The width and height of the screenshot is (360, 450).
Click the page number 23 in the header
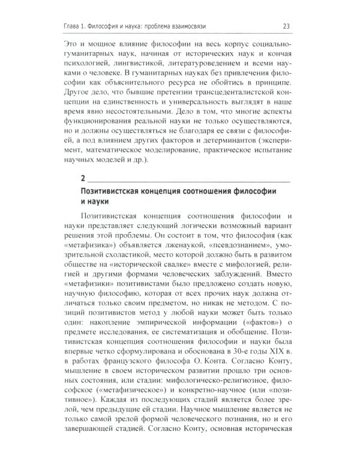(x=286, y=25)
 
